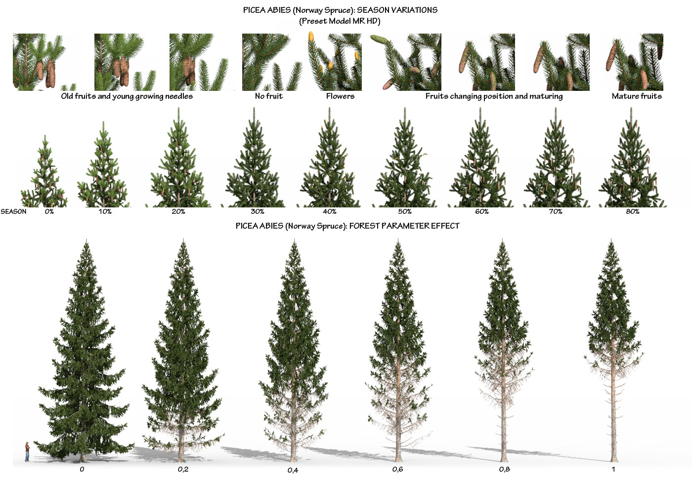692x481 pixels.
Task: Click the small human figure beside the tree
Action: pyautogui.click(x=27, y=452)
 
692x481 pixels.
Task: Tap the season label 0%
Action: pyautogui.click(x=49, y=211)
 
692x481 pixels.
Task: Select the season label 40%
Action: pyautogui.click(x=330, y=211)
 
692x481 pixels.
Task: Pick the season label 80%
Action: pyautogui.click(x=633, y=211)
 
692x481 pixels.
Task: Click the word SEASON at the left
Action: pyautogui.click(x=14, y=211)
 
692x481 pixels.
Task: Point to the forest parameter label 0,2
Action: pyautogui.click(x=183, y=469)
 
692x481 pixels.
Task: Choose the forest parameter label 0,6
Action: pyautogui.click(x=397, y=469)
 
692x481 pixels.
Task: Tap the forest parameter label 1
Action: pyautogui.click(x=613, y=469)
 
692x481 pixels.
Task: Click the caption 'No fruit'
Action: pyautogui.click(x=269, y=96)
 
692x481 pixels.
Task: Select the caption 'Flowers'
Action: pyautogui.click(x=340, y=96)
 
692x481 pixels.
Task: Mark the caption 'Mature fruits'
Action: pyautogui.click(x=637, y=96)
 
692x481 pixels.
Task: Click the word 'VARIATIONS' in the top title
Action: pyautogui.click(x=408, y=10)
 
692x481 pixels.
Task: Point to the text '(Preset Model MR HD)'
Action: pyautogui.click(x=340, y=21)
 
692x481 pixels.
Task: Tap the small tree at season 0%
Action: pyautogui.click(x=44, y=175)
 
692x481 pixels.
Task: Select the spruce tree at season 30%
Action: pyautogui.click(x=255, y=163)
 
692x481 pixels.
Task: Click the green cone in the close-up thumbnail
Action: pyautogui.click(x=381, y=40)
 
